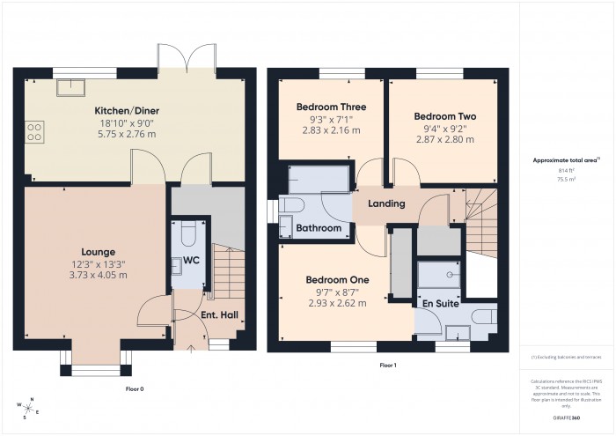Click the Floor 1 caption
click(x=388, y=364)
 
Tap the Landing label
click(x=386, y=203)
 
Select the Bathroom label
click(x=318, y=228)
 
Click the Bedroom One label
click(x=337, y=280)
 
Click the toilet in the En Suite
click(x=482, y=315)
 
